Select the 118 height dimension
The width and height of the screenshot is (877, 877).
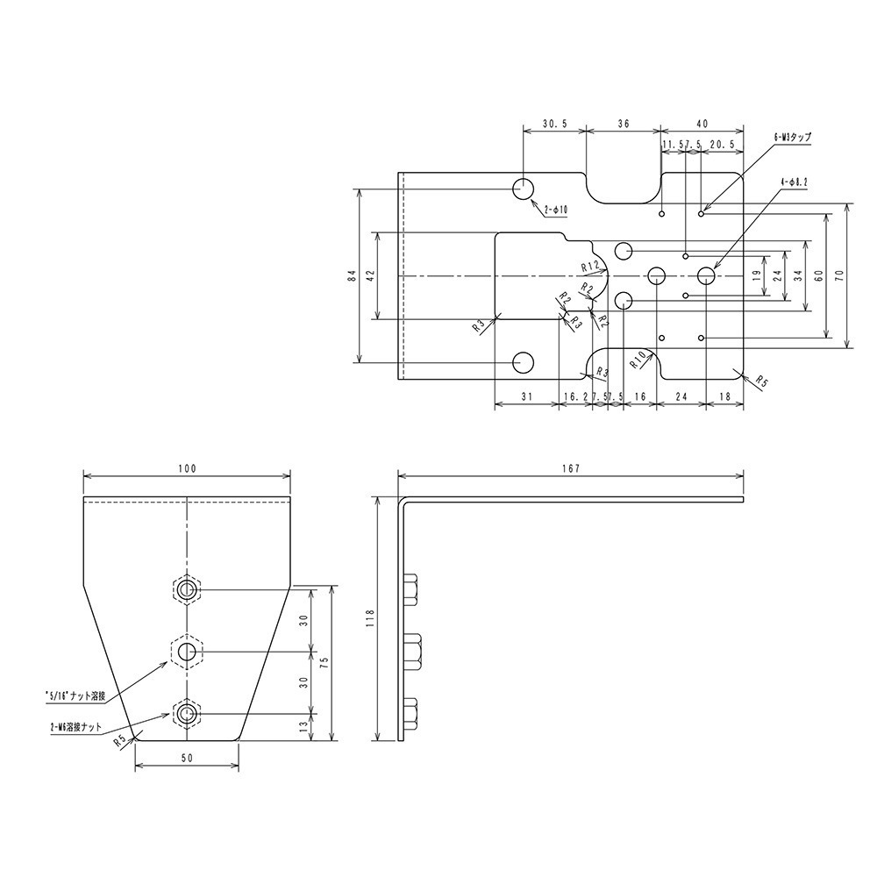point(370,619)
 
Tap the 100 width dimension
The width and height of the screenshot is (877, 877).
point(186,468)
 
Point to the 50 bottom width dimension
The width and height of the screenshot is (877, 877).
point(186,758)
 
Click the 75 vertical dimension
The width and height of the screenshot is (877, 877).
point(324,664)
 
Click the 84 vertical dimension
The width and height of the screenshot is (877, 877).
point(350,275)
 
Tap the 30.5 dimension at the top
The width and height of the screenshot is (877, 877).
point(553,125)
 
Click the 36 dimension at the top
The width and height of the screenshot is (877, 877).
point(623,125)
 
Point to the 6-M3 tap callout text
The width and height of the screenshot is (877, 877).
point(792,138)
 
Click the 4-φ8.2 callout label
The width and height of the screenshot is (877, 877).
point(794,182)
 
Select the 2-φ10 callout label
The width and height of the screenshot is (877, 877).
point(556,210)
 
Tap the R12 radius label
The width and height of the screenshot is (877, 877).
point(590,265)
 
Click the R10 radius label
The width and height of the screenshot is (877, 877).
point(638,358)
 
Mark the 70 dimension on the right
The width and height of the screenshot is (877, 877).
point(839,275)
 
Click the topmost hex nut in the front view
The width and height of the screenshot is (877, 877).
point(186,590)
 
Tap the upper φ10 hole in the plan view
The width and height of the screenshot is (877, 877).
point(524,188)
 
